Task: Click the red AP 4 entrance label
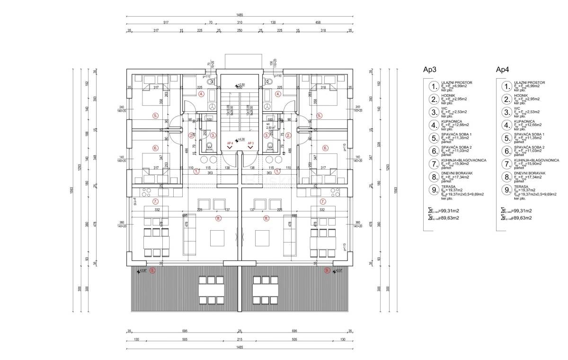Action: (x=231, y=143)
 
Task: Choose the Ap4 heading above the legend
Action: (x=502, y=70)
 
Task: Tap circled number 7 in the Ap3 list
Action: (x=433, y=164)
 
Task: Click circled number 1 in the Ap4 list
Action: (x=506, y=86)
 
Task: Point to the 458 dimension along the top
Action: (x=318, y=22)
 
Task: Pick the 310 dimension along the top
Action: (x=240, y=22)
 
